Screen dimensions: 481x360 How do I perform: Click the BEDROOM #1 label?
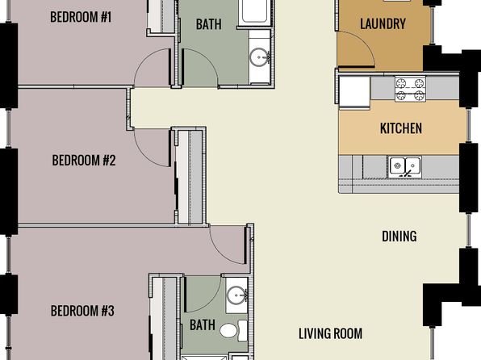coord(81,17)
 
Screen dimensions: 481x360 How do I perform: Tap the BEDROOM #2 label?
coord(84,160)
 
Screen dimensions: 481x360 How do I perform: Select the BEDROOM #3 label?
coord(82,311)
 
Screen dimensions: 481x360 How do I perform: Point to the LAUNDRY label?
coord(383,24)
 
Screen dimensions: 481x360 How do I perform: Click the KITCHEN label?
coord(401,128)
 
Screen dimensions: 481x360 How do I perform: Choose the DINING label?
coord(399,237)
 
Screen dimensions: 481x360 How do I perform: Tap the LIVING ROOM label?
coord(330,333)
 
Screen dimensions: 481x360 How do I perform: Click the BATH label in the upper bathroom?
coord(208,24)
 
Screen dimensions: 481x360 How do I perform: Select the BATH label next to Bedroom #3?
coord(202,325)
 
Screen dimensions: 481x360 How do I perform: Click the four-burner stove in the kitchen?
coord(410,89)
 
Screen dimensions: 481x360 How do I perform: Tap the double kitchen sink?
coord(404,167)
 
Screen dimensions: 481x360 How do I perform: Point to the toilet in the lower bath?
coord(233,331)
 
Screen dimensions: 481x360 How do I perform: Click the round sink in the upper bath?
coord(259,57)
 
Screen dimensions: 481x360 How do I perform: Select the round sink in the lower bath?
coord(236,295)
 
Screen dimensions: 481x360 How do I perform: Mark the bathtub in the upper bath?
coord(254,11)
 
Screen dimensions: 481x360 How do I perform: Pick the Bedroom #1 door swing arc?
coord(144,58)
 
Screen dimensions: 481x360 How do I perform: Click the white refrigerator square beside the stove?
coord(355,92)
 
